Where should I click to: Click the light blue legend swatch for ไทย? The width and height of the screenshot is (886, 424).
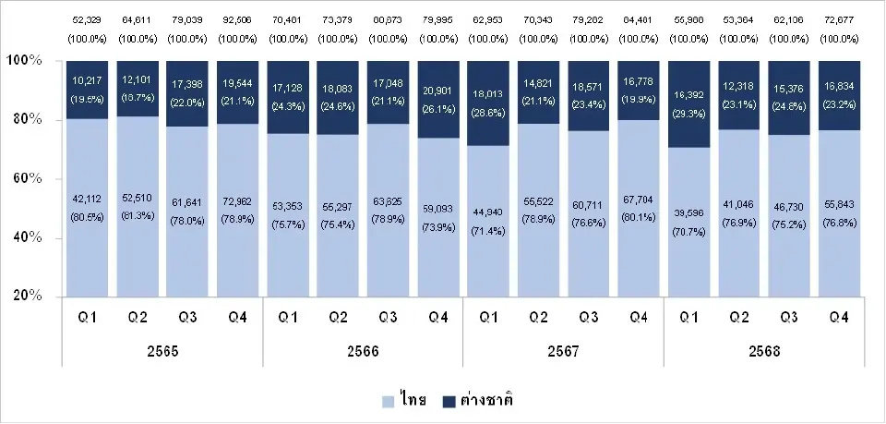pyautogui.click(x=388, y=401)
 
